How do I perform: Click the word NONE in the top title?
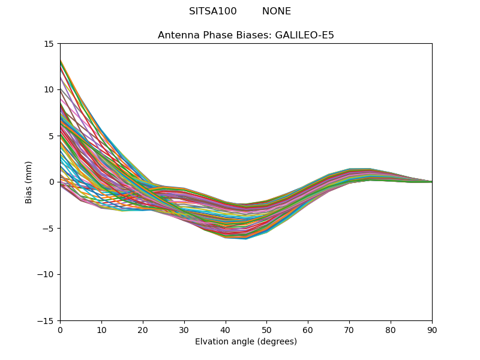277,11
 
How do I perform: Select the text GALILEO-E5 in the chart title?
304,35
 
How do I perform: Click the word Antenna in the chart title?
177,35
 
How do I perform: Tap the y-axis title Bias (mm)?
29,182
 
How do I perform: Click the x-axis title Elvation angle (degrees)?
246,341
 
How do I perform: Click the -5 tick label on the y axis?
49,229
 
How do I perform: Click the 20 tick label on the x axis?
143,330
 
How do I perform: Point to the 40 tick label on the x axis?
226,330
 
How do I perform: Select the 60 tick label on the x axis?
308,330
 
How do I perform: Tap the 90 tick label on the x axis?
432,330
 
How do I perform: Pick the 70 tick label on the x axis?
349,330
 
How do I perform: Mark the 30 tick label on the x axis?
184,330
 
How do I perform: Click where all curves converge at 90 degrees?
431,182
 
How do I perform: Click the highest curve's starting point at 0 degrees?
61,61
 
